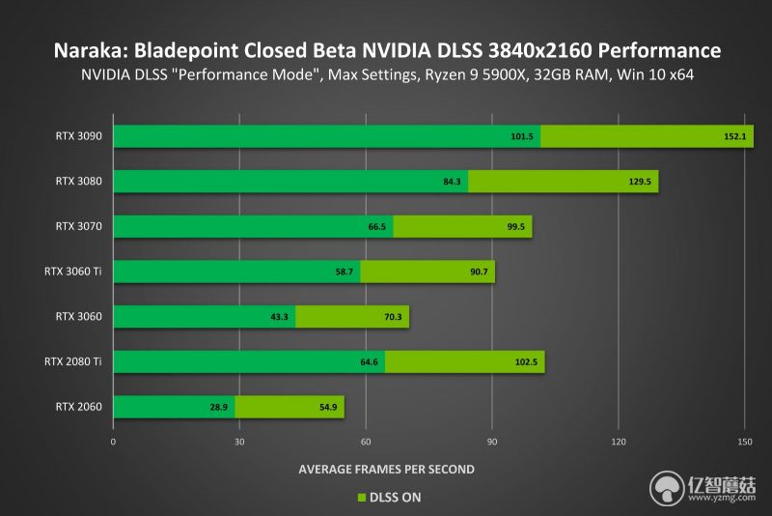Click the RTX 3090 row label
point(79,136)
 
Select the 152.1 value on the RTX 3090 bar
point(735,136)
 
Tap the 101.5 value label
point(522,136)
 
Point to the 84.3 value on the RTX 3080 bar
point(452,182)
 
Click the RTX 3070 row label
point(79,226)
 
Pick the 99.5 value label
point(516,227)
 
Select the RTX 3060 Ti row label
point(73,272)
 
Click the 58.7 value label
point(345,272)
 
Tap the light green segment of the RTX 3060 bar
point(352,317)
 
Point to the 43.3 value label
point(279,317)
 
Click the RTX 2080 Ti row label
point(73,361)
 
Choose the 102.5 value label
point(526,362)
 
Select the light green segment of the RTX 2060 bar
point(289,407)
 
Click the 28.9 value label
point(219,407)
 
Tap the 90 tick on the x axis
point(492,442)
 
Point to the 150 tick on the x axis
point(745,442)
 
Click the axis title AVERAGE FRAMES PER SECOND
point(387,470)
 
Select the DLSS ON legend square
point(362,498)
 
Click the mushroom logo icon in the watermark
point(667,489)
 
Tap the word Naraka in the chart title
point(84,50)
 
